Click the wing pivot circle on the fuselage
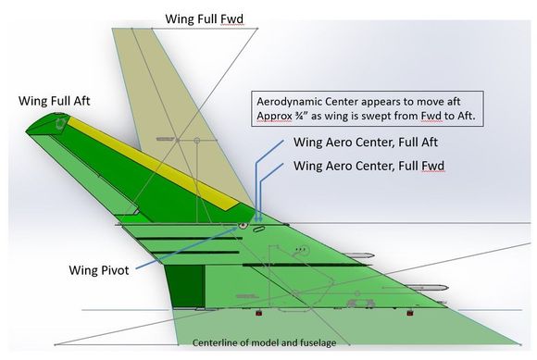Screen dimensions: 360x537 click(x=243, y=225)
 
